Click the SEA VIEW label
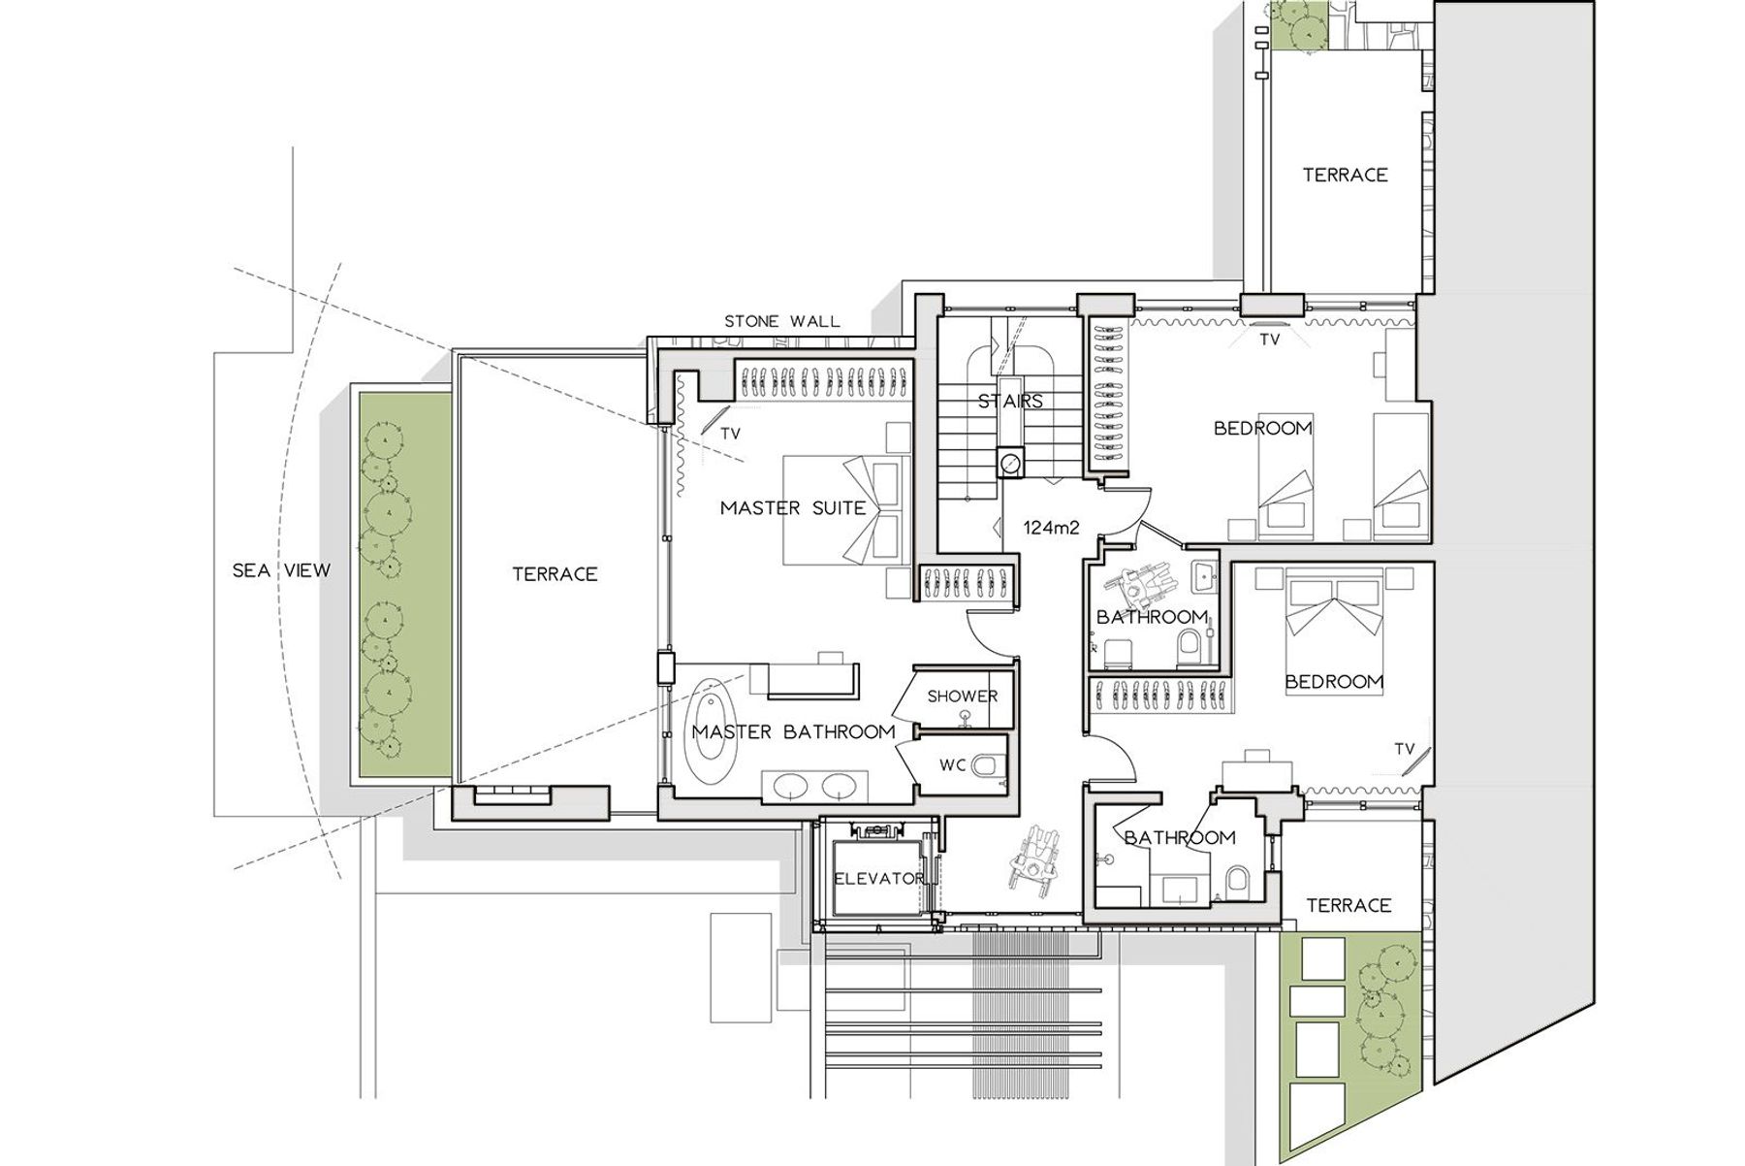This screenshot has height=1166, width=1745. (x=281, y=570)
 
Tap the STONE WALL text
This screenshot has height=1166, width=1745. (x=782, y=321)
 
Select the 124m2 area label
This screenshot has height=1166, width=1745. (x=1052, y=529)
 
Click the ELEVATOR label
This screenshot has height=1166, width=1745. (x=879, y=879)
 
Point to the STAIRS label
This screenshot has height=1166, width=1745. (x=1010, y=401)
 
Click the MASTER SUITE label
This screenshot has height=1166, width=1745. (x=793, y=507)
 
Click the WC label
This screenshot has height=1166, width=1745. (x=953, y=765)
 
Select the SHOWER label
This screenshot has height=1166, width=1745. (x=963, y=696)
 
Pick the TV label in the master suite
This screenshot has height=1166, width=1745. (x=730, y=435)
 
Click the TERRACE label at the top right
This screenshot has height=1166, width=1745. (x=1345, y=175)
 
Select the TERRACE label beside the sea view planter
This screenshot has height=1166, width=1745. (x=555, y=574)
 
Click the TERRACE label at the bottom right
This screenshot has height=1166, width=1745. (x=1348, y=905)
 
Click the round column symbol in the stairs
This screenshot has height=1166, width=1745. (x=1010, y=463)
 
